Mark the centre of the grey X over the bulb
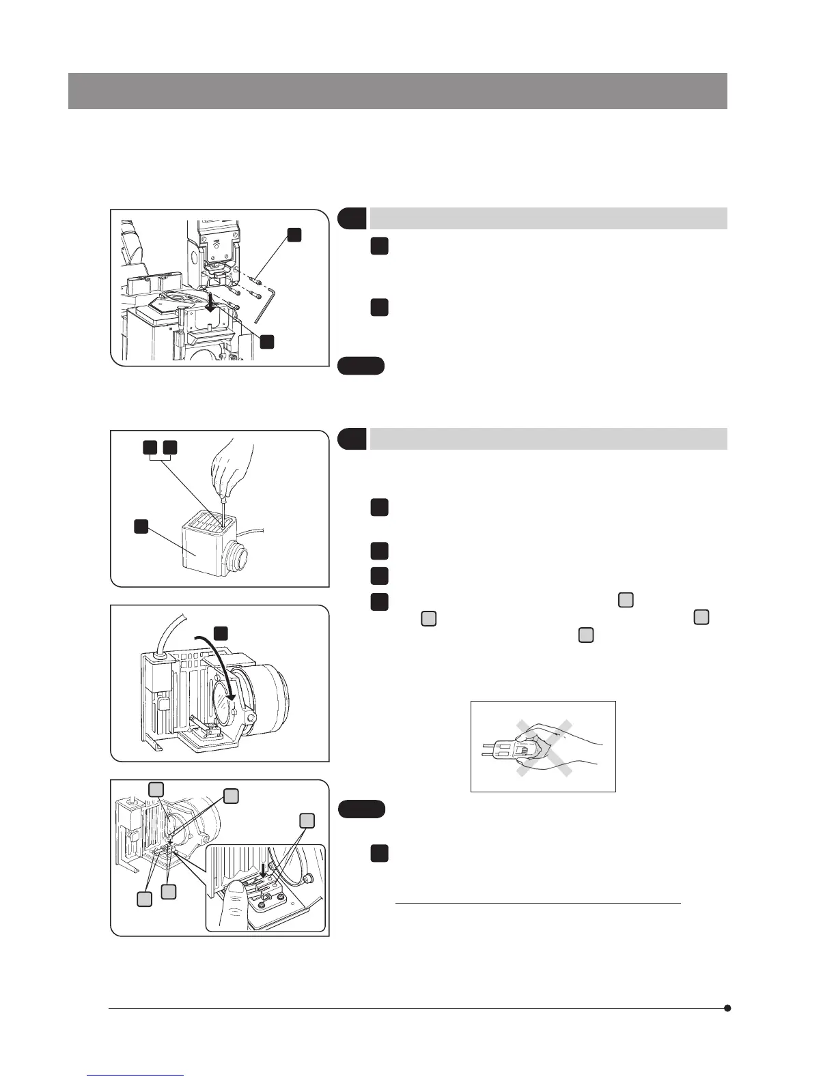click(x=544, y=748)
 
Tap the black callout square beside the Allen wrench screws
click(x=294, y=234)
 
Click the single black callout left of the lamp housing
click(x=141, y=526)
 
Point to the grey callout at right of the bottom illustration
click(x=307, y=820)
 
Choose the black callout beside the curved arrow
click(x=221, y=633)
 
